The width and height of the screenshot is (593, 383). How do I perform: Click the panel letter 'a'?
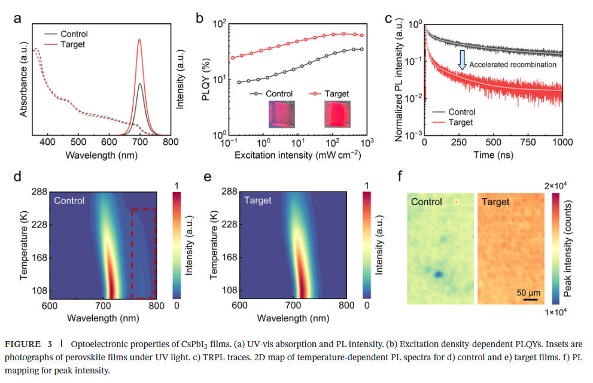pos(17,18)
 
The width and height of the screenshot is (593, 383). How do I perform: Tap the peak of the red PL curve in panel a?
pos(139,40)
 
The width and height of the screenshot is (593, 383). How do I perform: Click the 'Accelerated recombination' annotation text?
pos(513,64)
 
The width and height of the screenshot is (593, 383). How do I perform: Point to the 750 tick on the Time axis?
pos(528,142)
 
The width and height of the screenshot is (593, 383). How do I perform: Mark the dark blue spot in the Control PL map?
pos(439,273)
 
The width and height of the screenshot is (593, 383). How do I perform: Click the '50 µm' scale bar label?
pos(529,293)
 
